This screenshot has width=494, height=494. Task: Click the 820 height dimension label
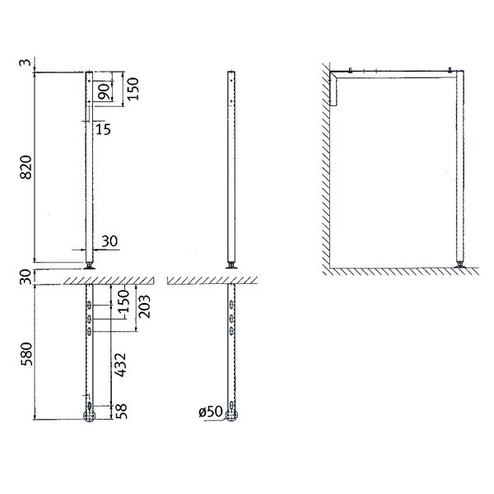click(x=26, y=167)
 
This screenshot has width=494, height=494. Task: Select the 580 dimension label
click(x=26, y=354)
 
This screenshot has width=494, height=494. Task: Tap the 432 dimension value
click(x=120, y=365)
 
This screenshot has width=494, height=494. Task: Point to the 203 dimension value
click(x=144, y=306)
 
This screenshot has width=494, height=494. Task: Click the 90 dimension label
click(x=105, y=91)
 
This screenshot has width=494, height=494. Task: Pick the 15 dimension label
click(x=103, y=129)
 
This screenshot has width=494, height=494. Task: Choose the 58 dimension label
click(x=121, y=412)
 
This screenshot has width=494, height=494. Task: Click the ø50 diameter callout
click(x=211, y=411)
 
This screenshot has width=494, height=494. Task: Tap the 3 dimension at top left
click(x=26, y=63)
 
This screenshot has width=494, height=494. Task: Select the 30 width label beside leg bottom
click(x=110, y=241)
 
